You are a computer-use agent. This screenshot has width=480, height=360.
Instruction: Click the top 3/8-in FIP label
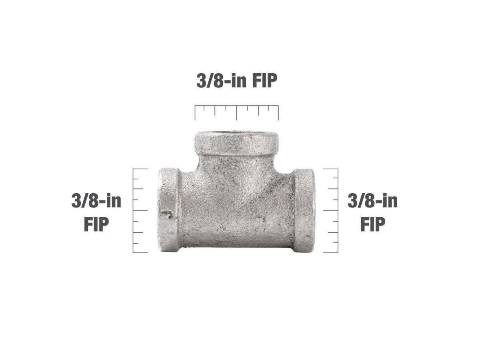click(x=237, y=81)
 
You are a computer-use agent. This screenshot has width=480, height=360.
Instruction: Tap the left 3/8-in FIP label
click(x=96, y=212)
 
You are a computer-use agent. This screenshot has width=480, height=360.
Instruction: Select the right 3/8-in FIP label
click(x=373, y=212)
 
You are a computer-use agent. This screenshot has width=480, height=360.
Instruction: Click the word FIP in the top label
click(x=265, y=81)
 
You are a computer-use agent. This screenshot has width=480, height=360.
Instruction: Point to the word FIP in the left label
click(x=96, y=224)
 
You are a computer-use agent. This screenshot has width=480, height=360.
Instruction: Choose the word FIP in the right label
click(x=373, y=224)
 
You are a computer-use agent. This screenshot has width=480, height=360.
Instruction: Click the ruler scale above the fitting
click(x=237, y=113)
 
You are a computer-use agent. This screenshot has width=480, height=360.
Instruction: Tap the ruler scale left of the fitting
click(x=140, y=211)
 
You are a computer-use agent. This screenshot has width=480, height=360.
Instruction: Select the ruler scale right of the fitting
click(x=331, y=211)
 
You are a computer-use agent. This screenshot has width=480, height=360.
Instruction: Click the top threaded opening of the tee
click(x=237, y=134)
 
